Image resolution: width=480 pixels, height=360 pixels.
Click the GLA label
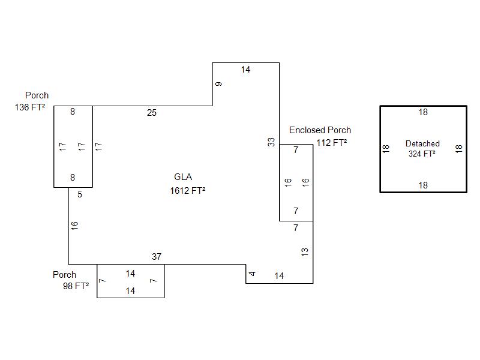pyautogui.click(x=183, y=177)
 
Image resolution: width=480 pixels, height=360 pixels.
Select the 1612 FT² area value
pyautogui.click(x=188, y=191)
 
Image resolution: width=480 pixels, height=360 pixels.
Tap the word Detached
pyautogui.click(x=422, y=143)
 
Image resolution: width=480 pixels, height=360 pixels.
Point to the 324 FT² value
pyautogui.click(x=422, y=154)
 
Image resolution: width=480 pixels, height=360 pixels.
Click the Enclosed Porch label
pyautogui.click(x=320, y=130)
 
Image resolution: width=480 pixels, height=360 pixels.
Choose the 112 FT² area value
pyautogui.click(x=331, y=143)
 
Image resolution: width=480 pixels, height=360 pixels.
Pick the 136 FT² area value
pyautogui.click(x=30, y=108)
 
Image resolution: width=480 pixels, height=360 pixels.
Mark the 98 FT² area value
pyautogui.click(x=76, y=286)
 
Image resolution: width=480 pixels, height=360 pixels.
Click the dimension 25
pyautogui.click(x=152, y=113)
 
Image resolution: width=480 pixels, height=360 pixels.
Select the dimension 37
pyautogui.click(x=157, y=257)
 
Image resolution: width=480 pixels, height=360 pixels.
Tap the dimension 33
pyautogui.click(x=272, y=142)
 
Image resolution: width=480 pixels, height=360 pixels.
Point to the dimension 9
pyautogui.click(x=219, y=84)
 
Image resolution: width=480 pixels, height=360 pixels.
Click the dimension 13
pyautogui.click(x=305, y=252)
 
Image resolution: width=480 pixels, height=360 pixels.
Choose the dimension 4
pyautogui.click(x=253, y=274)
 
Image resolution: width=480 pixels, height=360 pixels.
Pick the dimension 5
pyautogui.click(x=80, y=194)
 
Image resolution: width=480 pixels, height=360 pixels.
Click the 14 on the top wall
pyautogui.click(x=245, y=70)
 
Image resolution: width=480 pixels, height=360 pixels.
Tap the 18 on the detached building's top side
pyautogui.click(x=423, y=112)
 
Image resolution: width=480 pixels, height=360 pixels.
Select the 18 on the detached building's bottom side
pyautogui.click(x=423, y=185)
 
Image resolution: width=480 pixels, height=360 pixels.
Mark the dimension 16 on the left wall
pyautogui.click(x=75, y=226)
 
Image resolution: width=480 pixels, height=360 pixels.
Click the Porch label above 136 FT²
pyautogui.click(x=37, y=95)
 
